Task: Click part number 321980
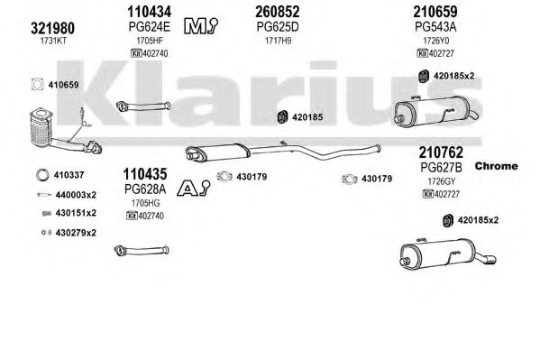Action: click(x=52, y=28)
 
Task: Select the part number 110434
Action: click(x=149, y=12)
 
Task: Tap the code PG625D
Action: click(x=278, y=27)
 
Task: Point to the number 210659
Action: click(x=435, y=12)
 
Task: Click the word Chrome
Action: click(x=496, y=166)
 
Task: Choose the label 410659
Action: click(x=64, y=85)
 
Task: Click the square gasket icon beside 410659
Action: click(x=38, y=85)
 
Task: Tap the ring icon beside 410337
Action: click(x=42, y=175)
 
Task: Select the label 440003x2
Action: click(x=76, y=195)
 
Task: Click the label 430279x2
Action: click(x=76, y=233)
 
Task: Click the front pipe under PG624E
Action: click(x=143, y=106)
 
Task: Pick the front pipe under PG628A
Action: click(x=142, y=250)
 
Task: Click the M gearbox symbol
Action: click(x=201, y=26)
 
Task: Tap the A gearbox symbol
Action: click(x=194, y=189)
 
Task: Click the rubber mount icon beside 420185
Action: click(x=282, y=117)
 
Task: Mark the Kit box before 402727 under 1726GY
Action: click(x=427, y=194)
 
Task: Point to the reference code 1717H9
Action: click(x=278, y=41)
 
